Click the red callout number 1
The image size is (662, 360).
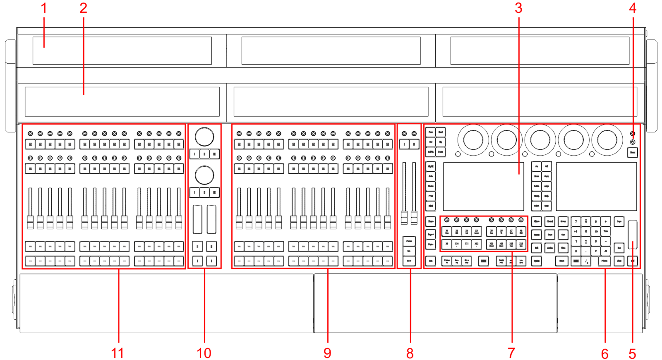tap(44, 8)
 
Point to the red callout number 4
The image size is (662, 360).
tap(633, 8)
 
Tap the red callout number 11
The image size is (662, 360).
tap(118, 353)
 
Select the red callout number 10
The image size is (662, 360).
tap(204, 353)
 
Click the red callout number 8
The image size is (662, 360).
tap(410, 353)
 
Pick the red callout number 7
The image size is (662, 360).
tap(511, 353)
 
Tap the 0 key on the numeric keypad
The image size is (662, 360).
tap(576, 251)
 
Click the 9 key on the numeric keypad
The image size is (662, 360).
tap(596, 221)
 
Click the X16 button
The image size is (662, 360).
tap(521, 244)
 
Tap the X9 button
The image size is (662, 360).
tap(447, 244)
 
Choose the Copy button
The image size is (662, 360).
tap(547, 176)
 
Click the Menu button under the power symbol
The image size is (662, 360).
tap(632, 153)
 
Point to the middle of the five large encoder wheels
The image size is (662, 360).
tap(540, 140)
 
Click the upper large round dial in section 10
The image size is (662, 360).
tap(204, 137)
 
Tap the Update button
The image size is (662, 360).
tap(537, 261)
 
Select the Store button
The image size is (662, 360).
tap(562, 261)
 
